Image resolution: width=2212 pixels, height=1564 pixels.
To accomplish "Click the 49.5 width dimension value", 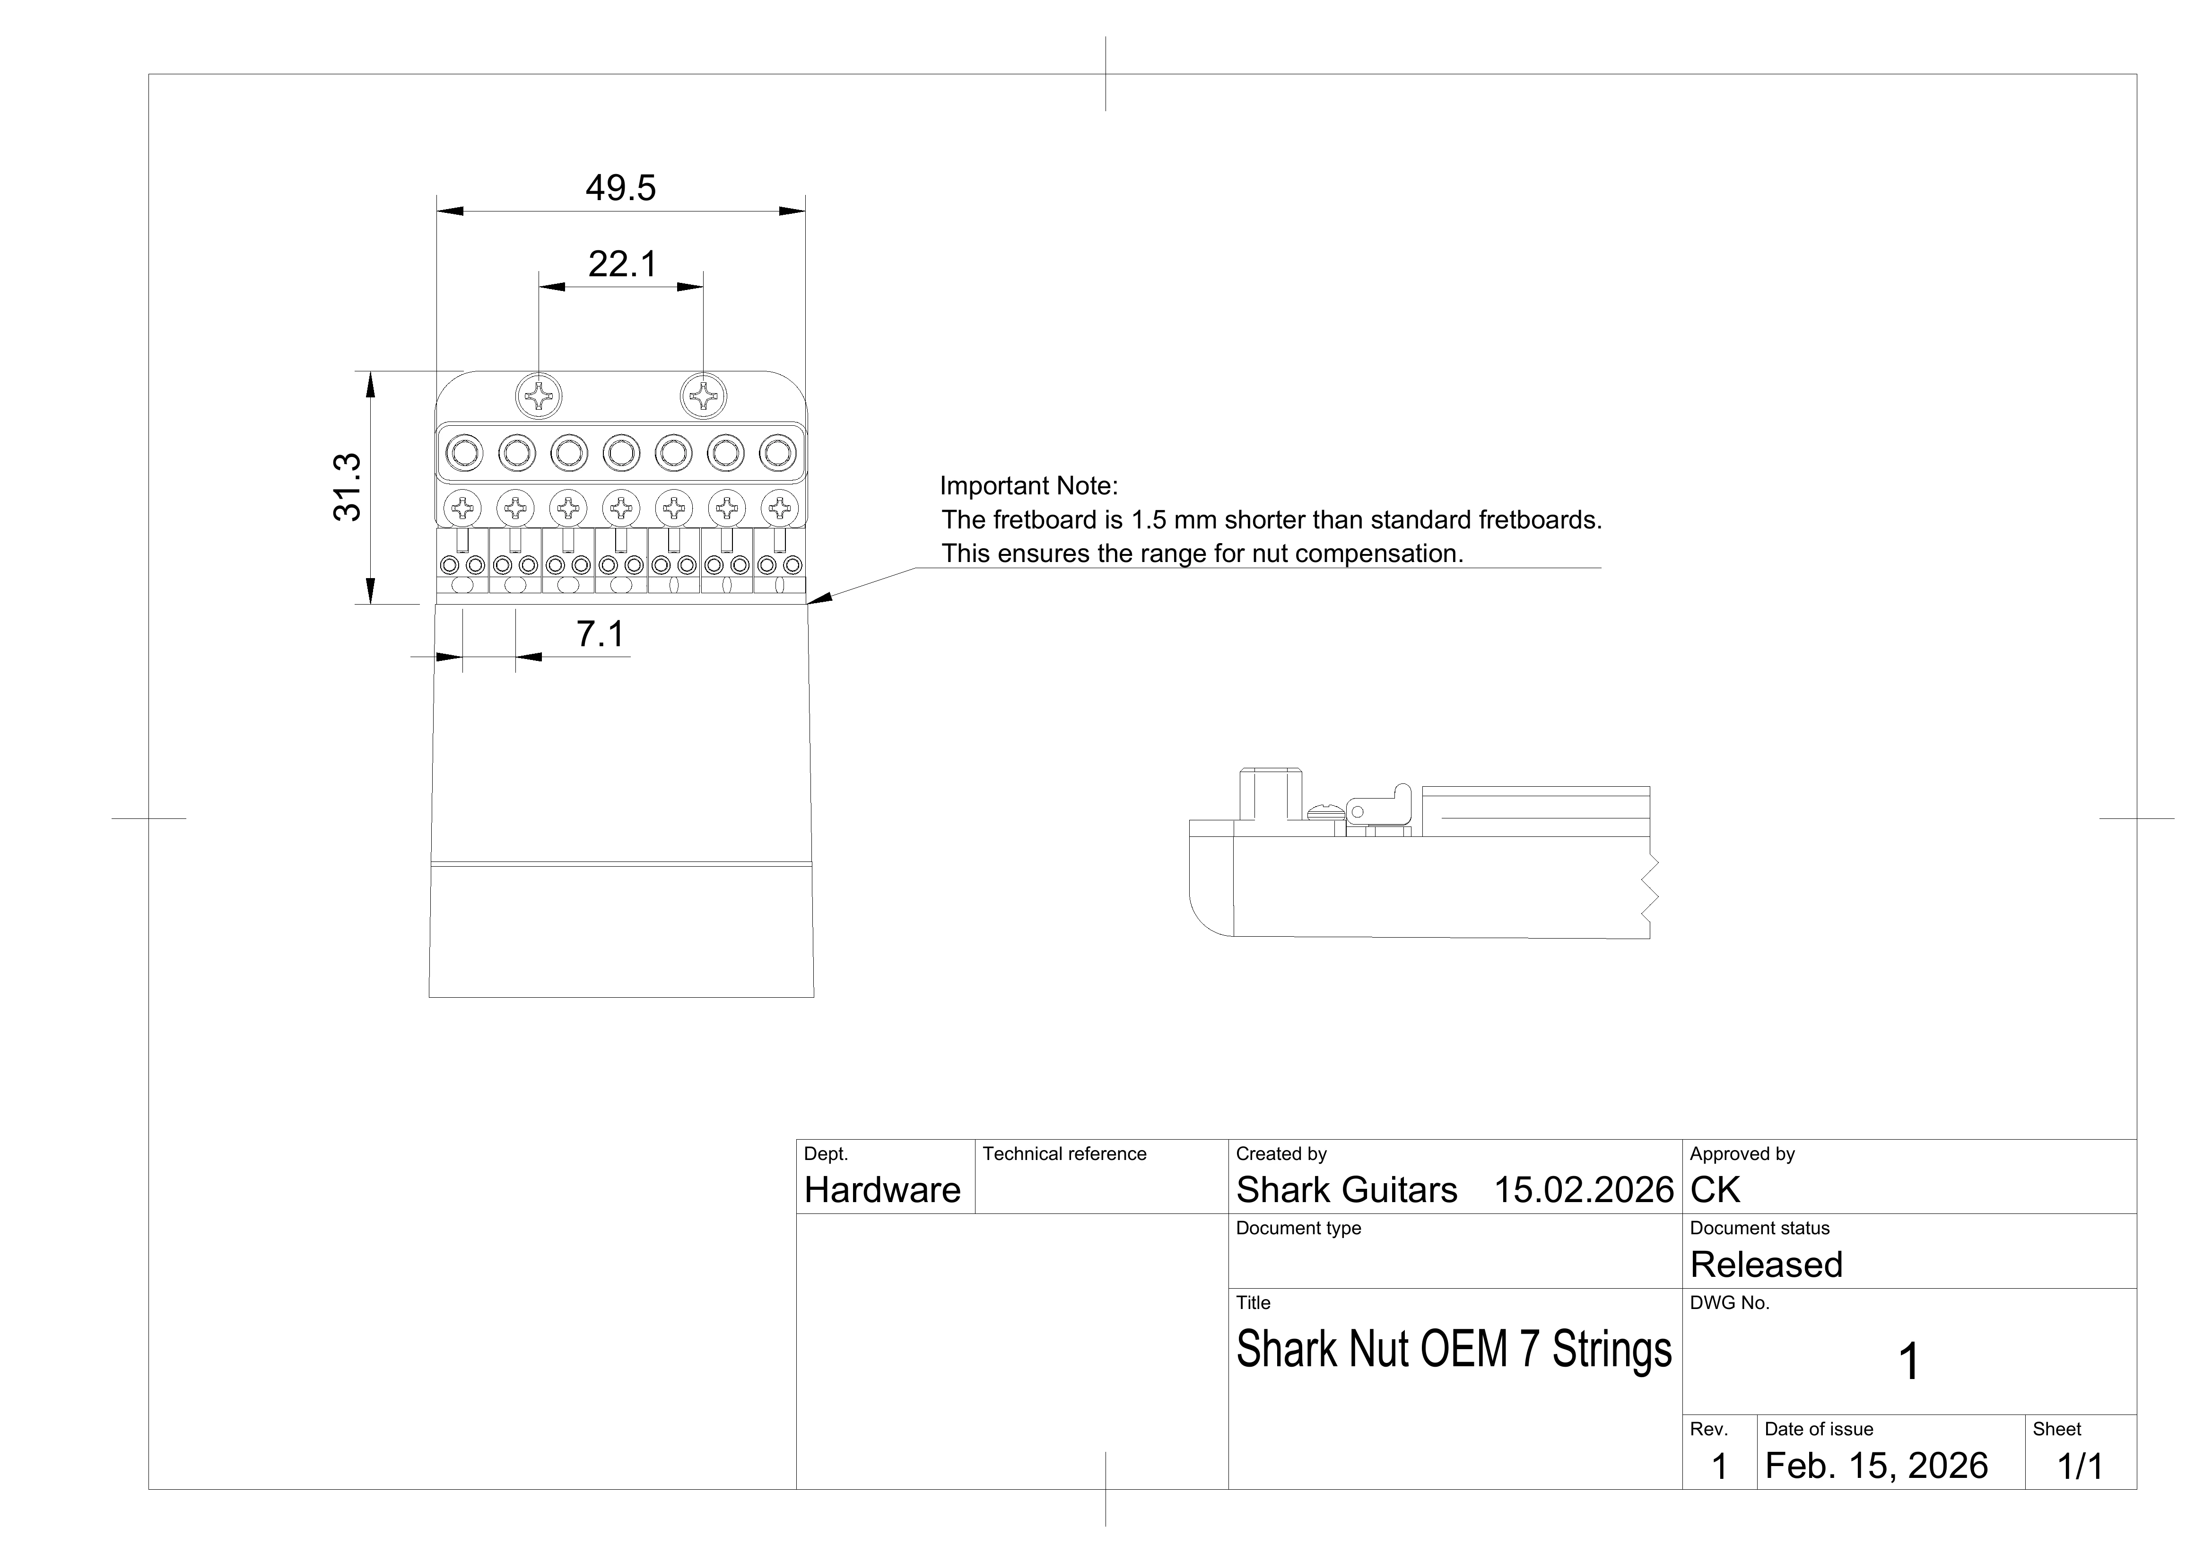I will [x=620, y=188].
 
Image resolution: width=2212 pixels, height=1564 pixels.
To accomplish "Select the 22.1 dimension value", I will [x=622, y=264].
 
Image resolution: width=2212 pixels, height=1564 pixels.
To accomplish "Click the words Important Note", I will [x=1028, y=486].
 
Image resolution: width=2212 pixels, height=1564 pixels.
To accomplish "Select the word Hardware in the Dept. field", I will [x=881, y=1190].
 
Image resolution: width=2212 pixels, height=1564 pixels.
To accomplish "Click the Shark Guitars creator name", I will [x=1346, y=1190].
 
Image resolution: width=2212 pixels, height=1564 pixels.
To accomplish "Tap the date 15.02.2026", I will [x=1583, y=1190].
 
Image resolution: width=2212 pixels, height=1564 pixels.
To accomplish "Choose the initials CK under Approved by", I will [x=1715, y=1190].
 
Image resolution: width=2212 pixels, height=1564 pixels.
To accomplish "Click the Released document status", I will [x=1766, y=1265].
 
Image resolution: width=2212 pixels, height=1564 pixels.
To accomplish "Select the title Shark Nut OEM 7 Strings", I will [x=1454, y=1349].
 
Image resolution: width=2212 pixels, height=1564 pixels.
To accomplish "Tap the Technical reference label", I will [x=1063, y=1153].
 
